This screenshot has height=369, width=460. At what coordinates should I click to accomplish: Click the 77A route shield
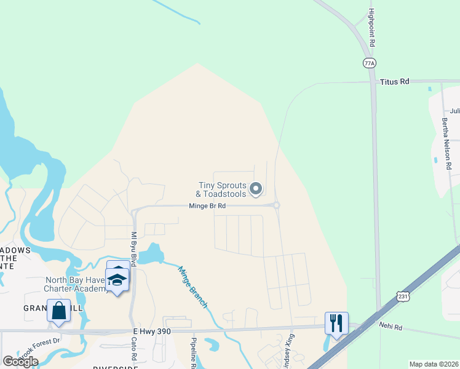click(369, 63)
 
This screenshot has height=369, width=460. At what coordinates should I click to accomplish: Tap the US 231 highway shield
click(403, 296)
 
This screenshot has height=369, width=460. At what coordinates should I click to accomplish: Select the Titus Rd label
click(394, 81)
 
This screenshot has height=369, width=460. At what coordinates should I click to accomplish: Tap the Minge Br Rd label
click(208, 206)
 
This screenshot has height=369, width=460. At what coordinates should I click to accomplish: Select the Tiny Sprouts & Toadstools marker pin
click(257, 189)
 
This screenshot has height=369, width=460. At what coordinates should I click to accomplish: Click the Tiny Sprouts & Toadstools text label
click(221, 189)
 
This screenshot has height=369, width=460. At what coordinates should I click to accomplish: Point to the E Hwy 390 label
click(151, 331)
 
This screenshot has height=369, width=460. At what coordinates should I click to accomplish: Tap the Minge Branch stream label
click(193, 287)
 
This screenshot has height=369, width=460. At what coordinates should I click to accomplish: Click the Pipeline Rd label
click(193, 354)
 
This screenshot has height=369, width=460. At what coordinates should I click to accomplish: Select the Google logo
click(20, 361)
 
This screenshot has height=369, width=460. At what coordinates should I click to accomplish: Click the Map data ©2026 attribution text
click(434, 364)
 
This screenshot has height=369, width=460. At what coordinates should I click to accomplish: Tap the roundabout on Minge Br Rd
click(277, 205)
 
